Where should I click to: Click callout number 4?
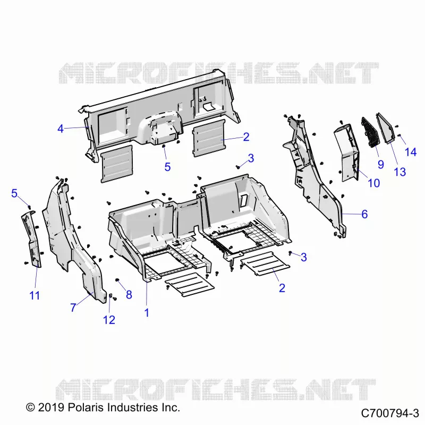pos(61,129)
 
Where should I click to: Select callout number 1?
pos(147,312)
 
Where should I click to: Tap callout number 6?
pos(364,214)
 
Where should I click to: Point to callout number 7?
pos(73,308)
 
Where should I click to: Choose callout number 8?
pos(129,295)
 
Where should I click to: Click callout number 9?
pos(381,164)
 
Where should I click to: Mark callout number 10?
pos(373,183)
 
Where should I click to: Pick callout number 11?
pos(35,295)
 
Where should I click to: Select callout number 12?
pos(109,320)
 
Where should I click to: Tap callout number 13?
pos(400,172)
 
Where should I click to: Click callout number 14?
pos(410,152)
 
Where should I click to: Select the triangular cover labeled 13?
pos(386,127)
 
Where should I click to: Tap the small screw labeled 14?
pos(399,135)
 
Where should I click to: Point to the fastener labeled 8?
pos(117,280)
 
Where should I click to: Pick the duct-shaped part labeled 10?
pos(347,152)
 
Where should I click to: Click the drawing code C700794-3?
pos(390,413)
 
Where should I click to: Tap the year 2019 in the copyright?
pos(51,407)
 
